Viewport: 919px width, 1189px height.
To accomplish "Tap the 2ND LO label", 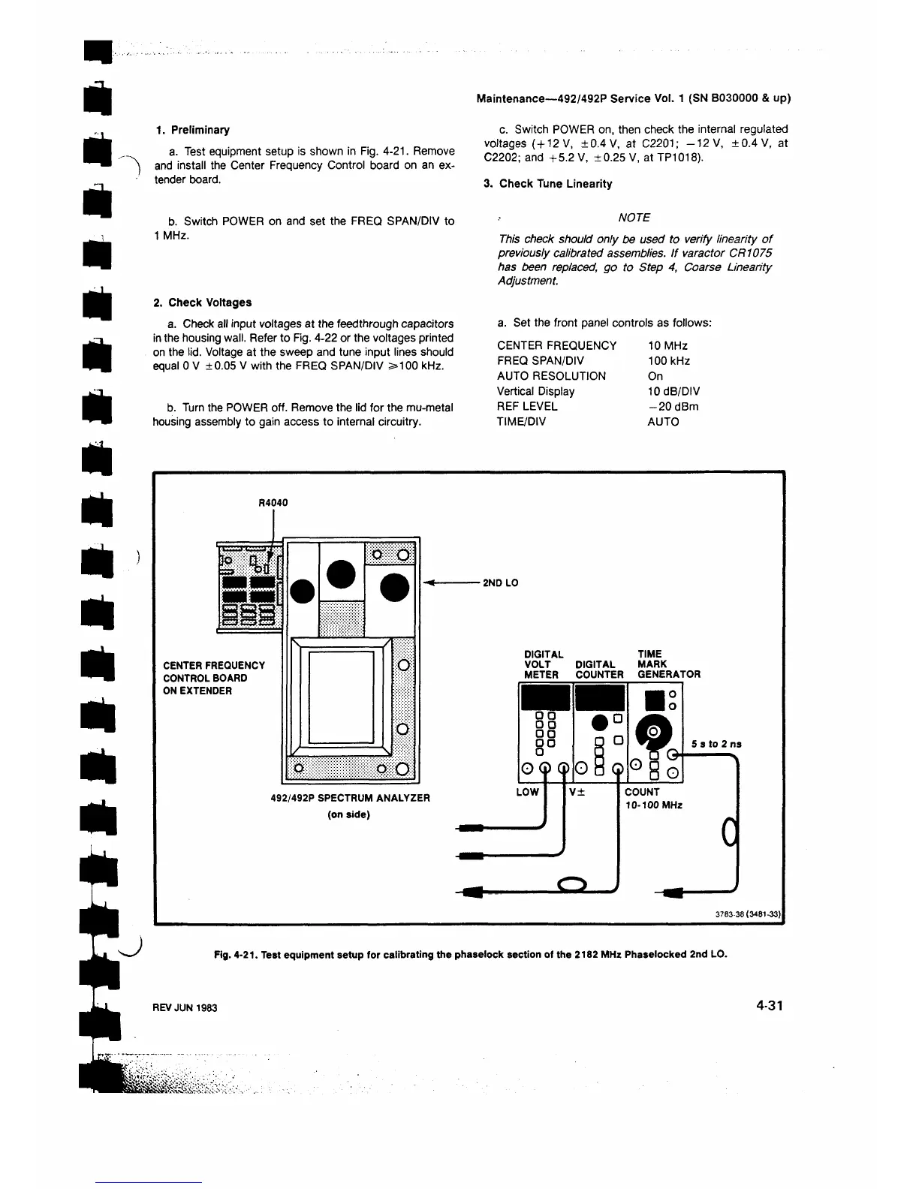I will [x=500, y=582].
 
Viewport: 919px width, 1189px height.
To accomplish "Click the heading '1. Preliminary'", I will [x=192, y=130].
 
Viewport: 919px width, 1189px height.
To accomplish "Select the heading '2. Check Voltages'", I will [x=202, y=303].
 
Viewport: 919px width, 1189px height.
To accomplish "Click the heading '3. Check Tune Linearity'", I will [x=547, y=184].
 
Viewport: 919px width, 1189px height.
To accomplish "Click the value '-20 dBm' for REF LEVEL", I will [x=672, y=406].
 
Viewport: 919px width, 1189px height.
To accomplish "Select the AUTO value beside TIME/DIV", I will [x=662, y=422].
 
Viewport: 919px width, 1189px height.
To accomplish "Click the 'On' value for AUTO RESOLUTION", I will [x=655, y=376].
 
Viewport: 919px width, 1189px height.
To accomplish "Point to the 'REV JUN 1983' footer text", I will [x=185, y=1007].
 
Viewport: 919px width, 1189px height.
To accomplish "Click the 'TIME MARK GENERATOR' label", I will [x=668, y=664].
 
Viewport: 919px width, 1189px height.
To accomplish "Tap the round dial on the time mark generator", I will [x=652, y=731].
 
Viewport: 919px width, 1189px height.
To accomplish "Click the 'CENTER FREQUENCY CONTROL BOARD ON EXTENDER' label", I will [x=214, y=678].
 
